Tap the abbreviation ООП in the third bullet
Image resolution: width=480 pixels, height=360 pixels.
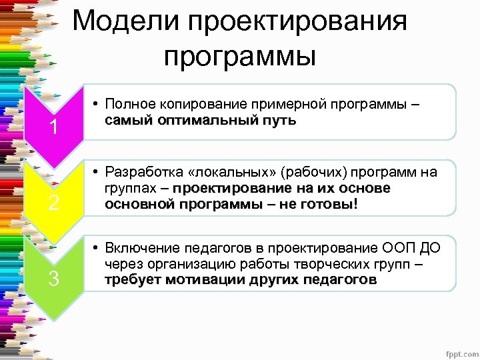398,249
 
